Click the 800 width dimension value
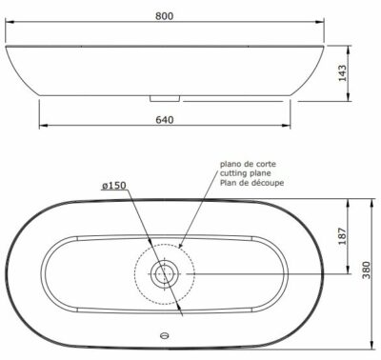click(x=165, y=15)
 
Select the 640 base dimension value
click(x=165, y=120)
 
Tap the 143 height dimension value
click(x=342, y=73)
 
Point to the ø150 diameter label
click(x=114, y=186)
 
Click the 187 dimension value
click(x=342, y=236)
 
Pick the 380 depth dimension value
click(x=367, y=270)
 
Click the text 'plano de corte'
click(x=248, y=164)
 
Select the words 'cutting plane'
click(x=246, y=173)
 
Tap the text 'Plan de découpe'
click(x=252, y=183)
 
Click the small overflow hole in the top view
click(x=165, y=335)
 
